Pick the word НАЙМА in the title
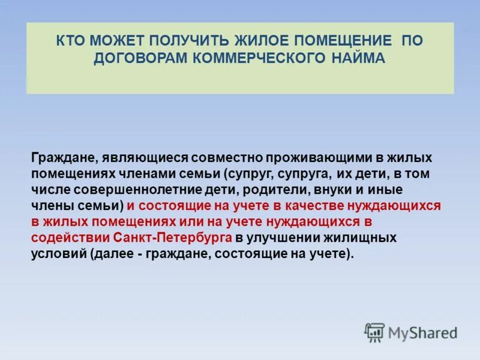(x=358, y=58)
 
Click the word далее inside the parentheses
(x=112, y=253)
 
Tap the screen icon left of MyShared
(x=374, y=331)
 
